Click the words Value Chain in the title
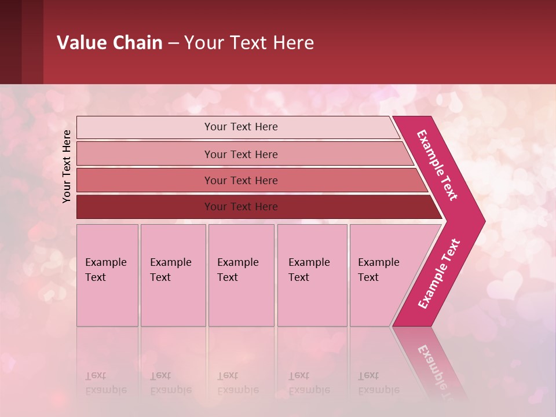[x=109, y=43]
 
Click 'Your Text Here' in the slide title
[x=249, y=43]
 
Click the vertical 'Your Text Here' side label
[x=67, y=166]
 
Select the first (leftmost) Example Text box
[x=107, y=275]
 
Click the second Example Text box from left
[x=173, y=275]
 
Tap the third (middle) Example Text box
[x=241, y=275]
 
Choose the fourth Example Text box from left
[x=312, y=275]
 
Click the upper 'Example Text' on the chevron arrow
[x=437, y=165]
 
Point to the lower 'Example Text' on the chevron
[x=438, y=274]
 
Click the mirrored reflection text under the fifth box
[x=378, y=383]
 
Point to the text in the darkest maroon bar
[x=241, y=207]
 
